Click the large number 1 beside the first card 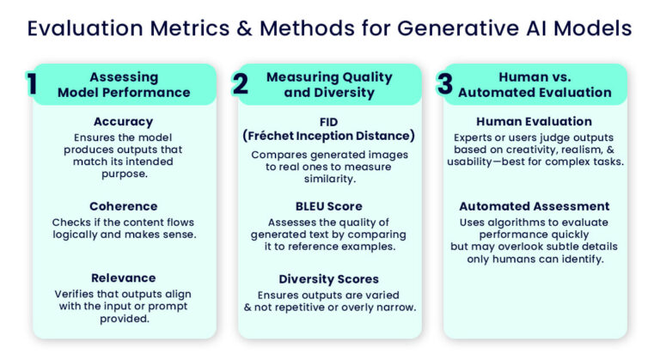pos(32,84)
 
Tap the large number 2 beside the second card pos(241,84)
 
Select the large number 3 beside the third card pos(444,84)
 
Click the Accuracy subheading pos(123,122)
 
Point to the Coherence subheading pos(123,206)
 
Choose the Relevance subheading pos(123,278)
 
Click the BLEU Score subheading pos(329,206)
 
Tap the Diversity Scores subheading pos(329,278)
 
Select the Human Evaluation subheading pos(534,122)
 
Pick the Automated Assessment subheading pos(534,206)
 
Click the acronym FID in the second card pos(329,122)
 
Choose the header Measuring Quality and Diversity pos(329,84)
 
